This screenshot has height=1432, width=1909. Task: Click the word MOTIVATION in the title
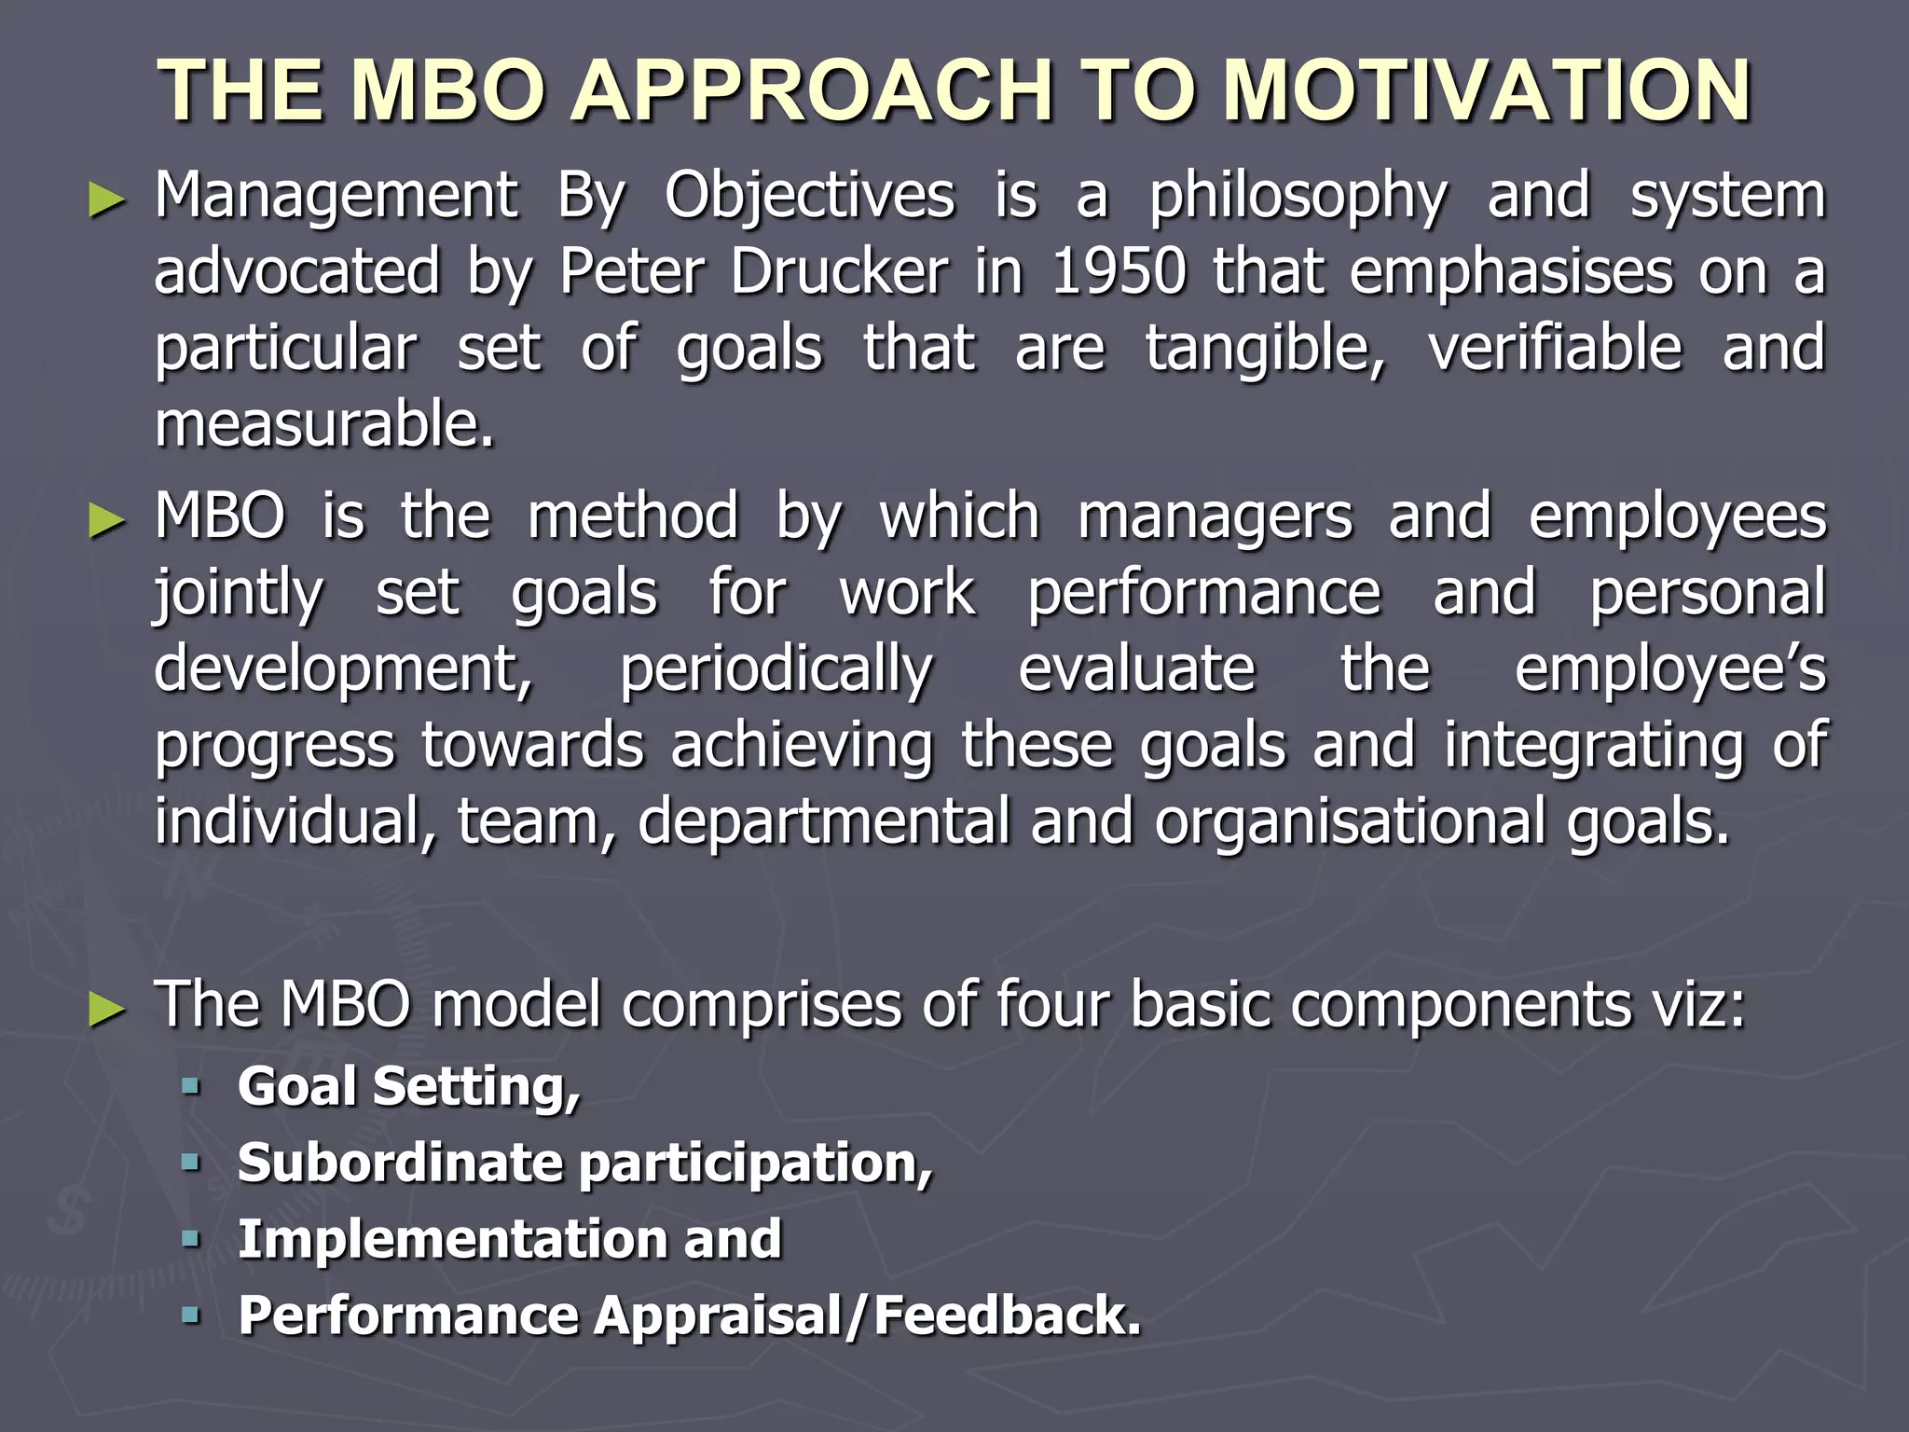coord(1487,90)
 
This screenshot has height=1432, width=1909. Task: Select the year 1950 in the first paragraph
coord(1119,272)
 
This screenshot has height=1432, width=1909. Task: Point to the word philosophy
coord(1298,198)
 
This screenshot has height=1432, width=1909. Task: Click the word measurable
coord(323,424)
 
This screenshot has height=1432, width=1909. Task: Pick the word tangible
coord(1265,349)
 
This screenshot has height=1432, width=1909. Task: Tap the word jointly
coord(239,594)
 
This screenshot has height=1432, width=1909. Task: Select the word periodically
coord(776,670)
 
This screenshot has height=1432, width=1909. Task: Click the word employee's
coord(1669,670)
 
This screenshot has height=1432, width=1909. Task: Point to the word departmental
coord(823,821)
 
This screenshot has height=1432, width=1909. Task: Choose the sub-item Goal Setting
coord(408,1087)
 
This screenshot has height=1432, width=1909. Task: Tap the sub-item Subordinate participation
coord(584,1163)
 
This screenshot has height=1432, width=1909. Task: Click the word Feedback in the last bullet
coord(1007,1315)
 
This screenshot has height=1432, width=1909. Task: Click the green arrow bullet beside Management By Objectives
coord(106,200)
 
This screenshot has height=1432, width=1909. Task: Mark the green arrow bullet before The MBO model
coord(106,1010)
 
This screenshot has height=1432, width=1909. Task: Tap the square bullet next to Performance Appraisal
coord(191,1315)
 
